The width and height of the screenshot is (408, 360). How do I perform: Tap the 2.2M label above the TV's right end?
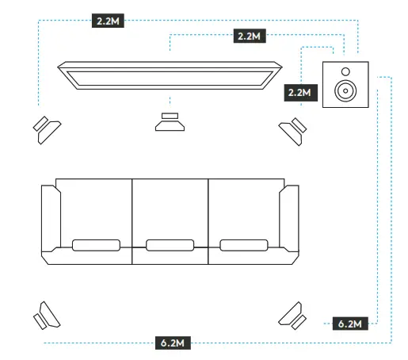(250, 36)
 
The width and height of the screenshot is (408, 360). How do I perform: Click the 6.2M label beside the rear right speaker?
(349, 324)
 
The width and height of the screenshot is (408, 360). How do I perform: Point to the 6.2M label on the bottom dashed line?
(173, 343)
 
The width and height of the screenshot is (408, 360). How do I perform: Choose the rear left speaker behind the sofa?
(47, 316)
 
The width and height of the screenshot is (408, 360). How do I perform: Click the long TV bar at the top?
(170, 76)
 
